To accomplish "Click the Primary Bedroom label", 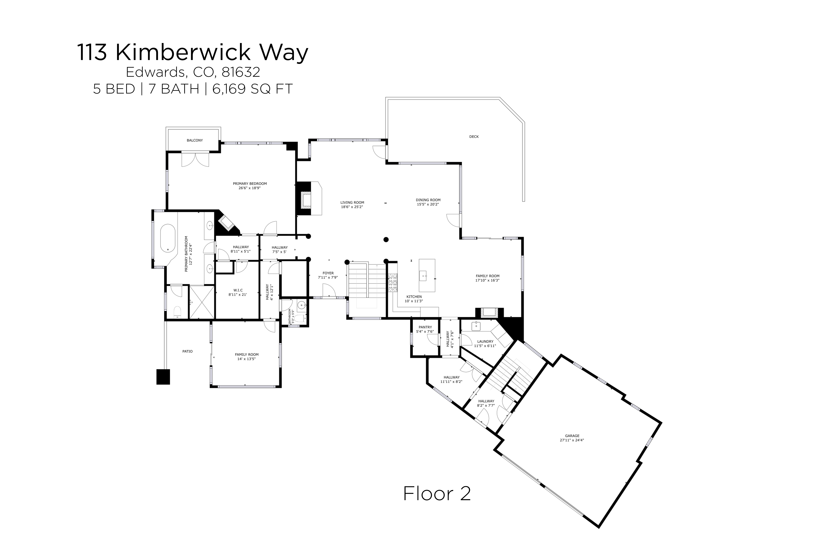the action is pyautogui.click(x=250, y=184).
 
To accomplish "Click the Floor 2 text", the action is pyautogui.click(x=437, y=494).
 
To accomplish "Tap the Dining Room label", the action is pyautogui.click(x=428, y=200).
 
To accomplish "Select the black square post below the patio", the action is pyautogui.click(x=163, y=377).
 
